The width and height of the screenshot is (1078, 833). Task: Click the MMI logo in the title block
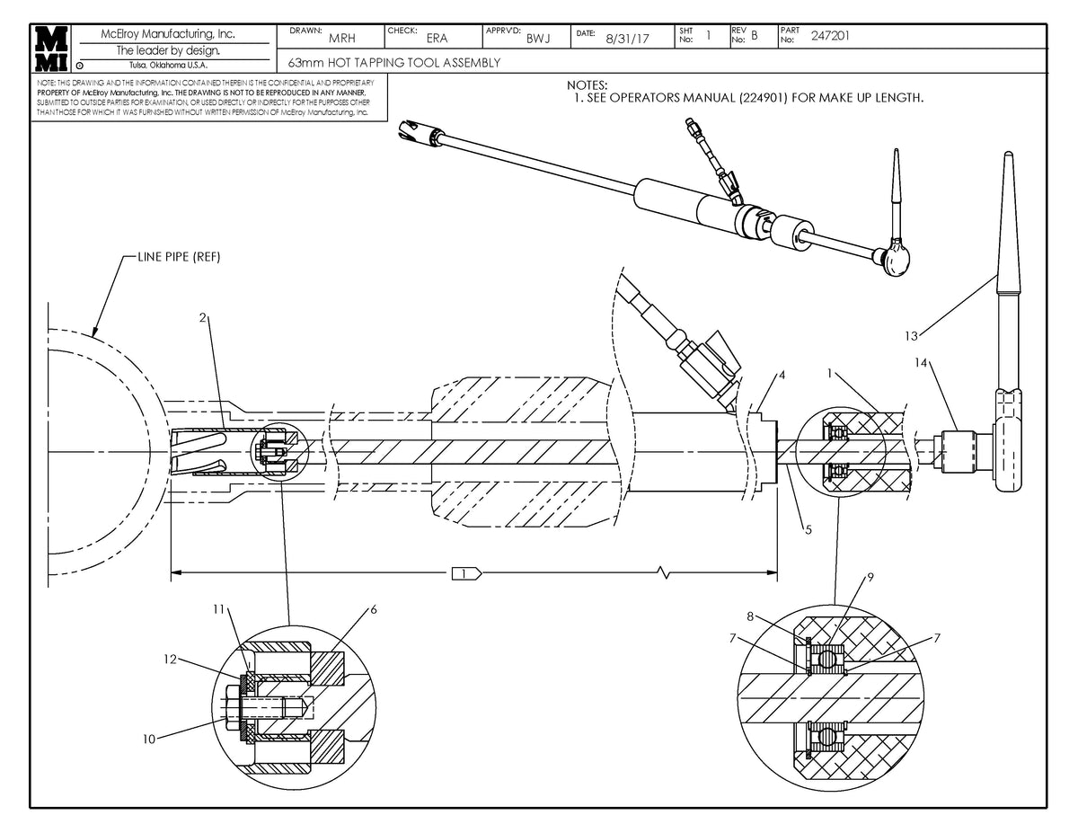pyautogui.click(x=50, y=48)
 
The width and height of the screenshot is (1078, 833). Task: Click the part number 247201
pyautogui.click(x=831, y=36)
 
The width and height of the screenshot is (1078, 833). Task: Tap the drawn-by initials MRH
pyautogui.click(x=341, y=39)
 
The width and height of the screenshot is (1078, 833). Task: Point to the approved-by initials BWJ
pyautogui.click(x=538, y=39)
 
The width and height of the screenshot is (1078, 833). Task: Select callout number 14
pyautogui.click(x=921, y=364)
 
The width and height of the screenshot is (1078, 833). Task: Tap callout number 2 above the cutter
pyautogui.click(x=204, y=317)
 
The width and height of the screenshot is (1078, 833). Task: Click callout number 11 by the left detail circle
pyautogui.click(x=218, y=608)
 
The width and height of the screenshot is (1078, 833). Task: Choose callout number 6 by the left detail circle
pyautogui.click(x=373, y=609)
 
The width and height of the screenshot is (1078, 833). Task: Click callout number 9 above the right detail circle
pyautogui.click(x=870, y=576)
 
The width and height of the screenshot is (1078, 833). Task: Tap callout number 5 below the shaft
pyautogui.click(x=808, y=530)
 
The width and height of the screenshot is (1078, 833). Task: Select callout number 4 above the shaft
pyautogui.click(x=782, y=374)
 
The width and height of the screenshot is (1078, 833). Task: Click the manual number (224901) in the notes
pyautogui.click(x=764, y=97)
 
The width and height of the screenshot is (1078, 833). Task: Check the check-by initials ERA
pyautogui.click(x=437, y=39)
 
